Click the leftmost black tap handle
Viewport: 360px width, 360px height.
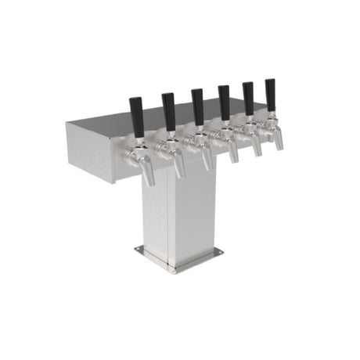point(137,115)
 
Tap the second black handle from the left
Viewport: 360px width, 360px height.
point(168,110)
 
